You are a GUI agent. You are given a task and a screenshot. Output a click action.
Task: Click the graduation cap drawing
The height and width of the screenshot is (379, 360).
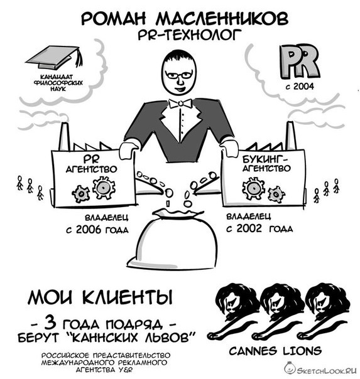click(55, 58)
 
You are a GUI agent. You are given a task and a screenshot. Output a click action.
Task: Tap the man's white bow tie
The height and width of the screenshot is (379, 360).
click(181, 104)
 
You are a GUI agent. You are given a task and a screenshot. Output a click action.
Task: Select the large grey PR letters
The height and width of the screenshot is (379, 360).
click(299, 61)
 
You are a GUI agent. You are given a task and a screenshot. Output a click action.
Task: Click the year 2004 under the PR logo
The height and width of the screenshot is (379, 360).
click(303, 87)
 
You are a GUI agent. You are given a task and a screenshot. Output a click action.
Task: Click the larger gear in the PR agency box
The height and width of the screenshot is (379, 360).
click(104, 188)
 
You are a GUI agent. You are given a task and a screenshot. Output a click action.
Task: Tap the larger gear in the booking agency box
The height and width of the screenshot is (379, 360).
click(254, 188)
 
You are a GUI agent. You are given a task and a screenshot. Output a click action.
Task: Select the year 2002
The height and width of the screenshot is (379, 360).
click(249, 228)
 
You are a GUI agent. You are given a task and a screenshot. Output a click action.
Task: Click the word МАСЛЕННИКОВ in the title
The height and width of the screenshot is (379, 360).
click(222, 19)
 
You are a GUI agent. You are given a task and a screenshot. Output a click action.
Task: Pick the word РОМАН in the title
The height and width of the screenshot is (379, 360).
click(114, 19)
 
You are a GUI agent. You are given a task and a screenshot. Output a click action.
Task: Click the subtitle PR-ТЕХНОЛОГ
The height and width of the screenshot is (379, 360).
click(190, 35)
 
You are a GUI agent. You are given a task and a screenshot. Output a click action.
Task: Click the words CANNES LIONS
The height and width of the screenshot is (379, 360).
click(275, 351)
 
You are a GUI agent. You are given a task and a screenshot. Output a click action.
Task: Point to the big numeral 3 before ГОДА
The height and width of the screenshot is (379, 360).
click(50, 323)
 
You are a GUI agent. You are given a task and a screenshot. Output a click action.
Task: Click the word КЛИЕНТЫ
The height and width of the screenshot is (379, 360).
click(128, 297)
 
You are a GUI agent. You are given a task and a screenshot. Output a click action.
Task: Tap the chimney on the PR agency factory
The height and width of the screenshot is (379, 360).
click(64, 137)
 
